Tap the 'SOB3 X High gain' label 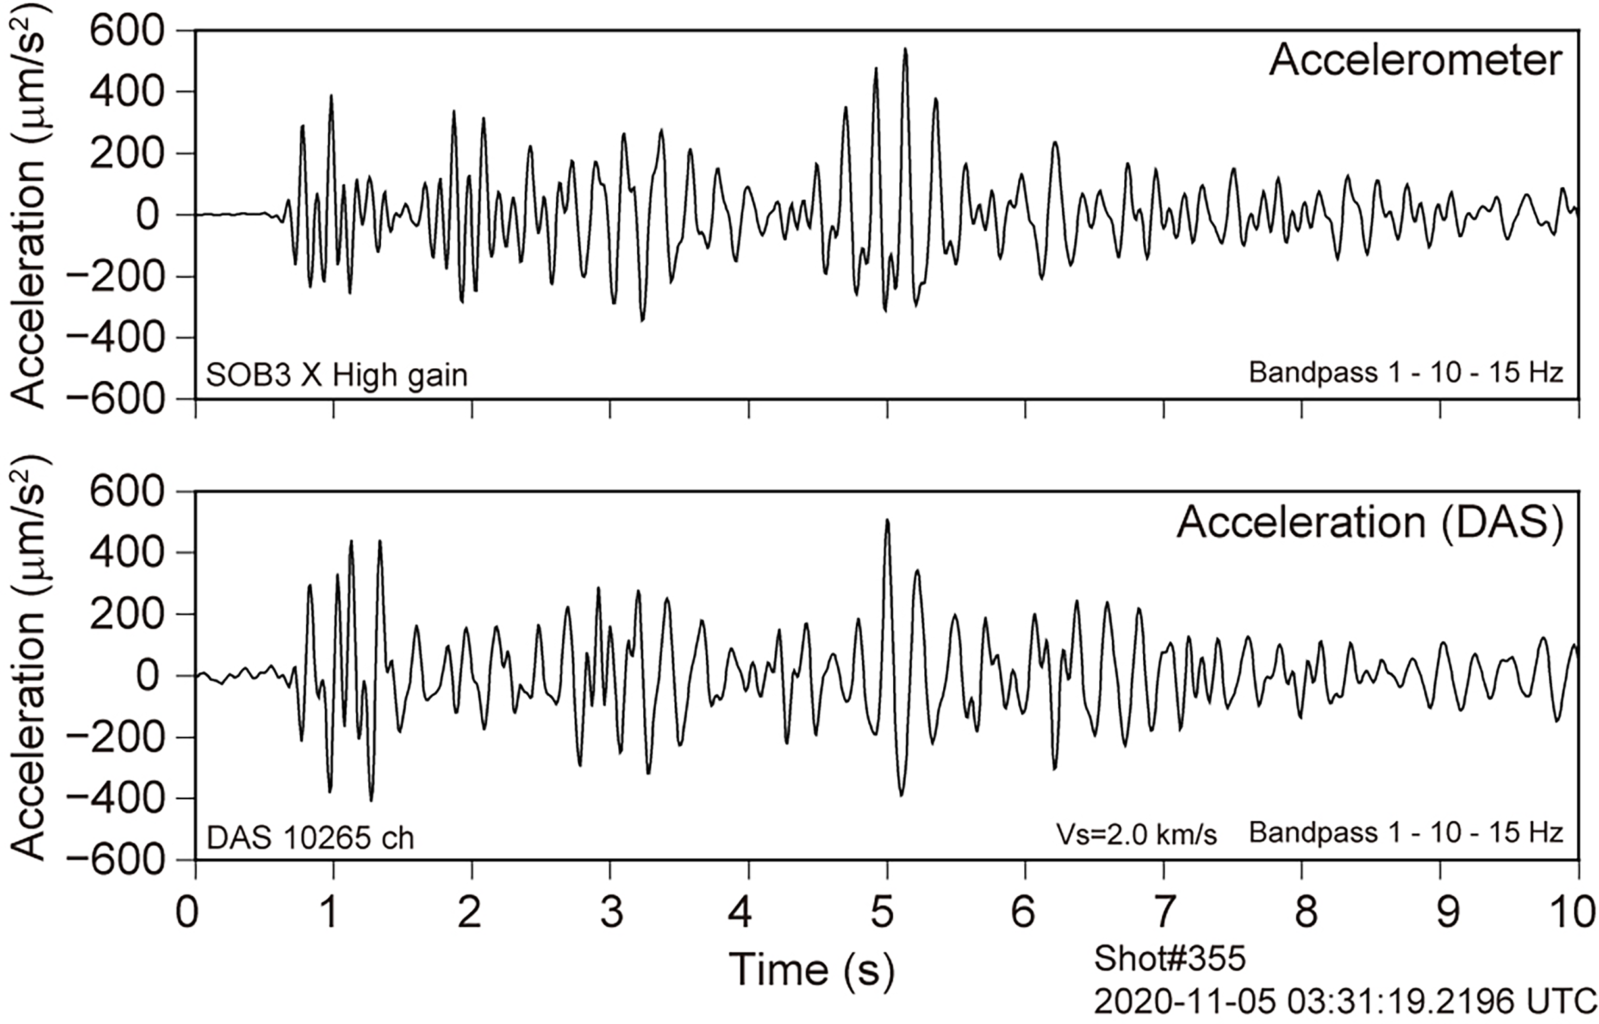(336, 376)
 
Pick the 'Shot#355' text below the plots (1169, 958)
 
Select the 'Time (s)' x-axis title (811, 969)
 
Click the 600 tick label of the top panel (126, 32)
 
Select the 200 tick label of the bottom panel (126, 614)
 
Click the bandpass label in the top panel (1405, 373)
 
